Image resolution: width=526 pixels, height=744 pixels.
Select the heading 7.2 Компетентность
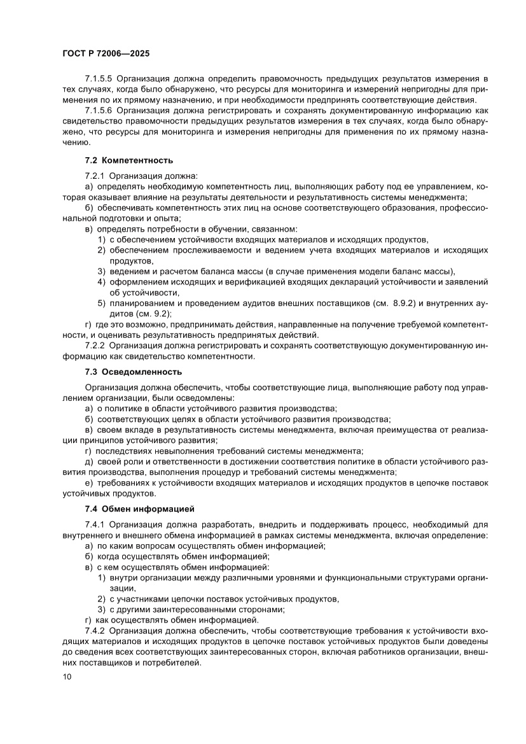[129, 160]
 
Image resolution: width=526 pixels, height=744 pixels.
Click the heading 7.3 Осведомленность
[134, 372]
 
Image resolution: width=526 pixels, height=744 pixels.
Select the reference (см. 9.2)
[153, 314]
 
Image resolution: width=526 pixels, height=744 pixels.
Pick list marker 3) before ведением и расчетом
[101, 271]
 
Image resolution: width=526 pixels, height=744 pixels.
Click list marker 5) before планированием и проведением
[101, 303]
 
